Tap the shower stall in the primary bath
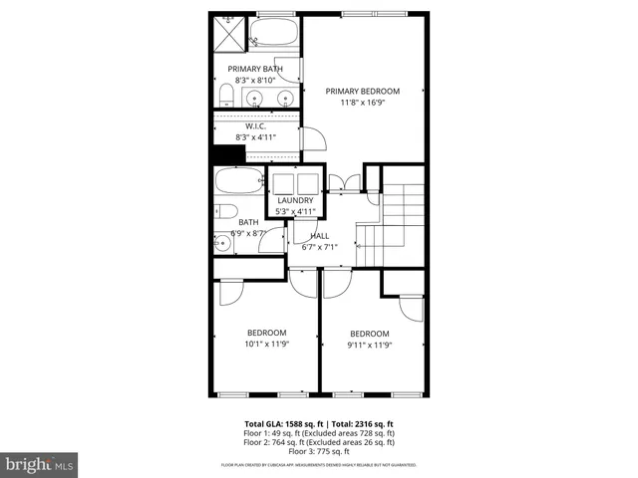coord(228,34)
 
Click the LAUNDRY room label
coord(295,200)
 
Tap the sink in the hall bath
coord(222,241)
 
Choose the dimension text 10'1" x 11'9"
coord(266,345)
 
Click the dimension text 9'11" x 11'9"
coord(369,345)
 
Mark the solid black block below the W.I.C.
coord(228,155)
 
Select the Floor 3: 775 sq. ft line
coord(319,452)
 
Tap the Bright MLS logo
coord(40,464)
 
